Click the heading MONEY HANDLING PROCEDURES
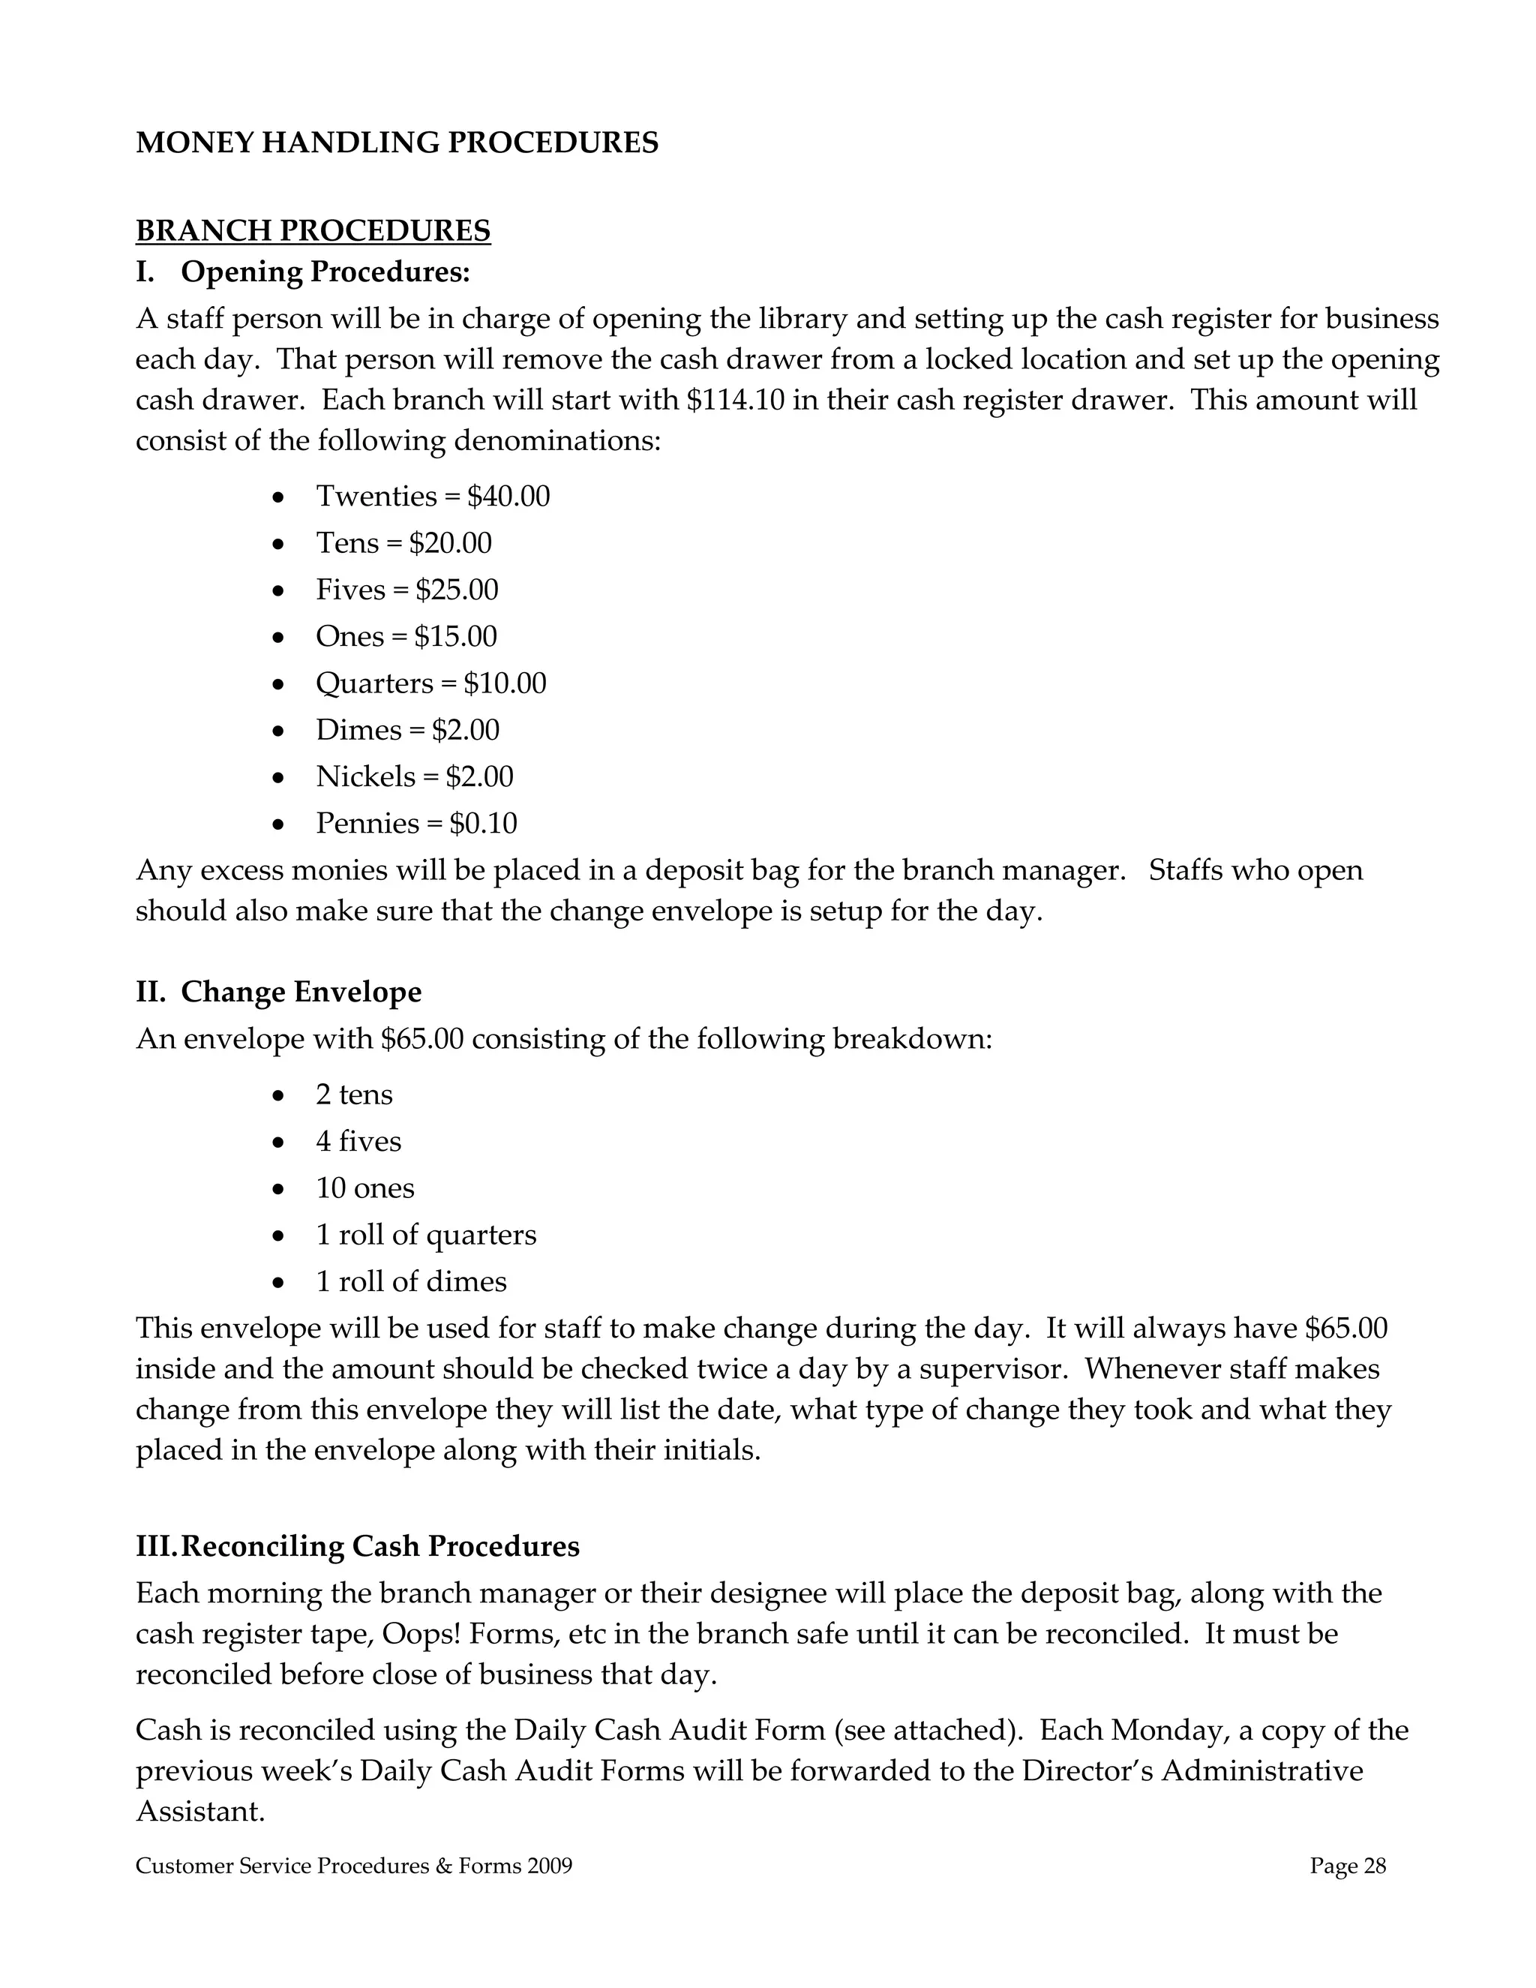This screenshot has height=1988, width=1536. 397,143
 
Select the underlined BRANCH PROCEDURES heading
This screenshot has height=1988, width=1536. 313,231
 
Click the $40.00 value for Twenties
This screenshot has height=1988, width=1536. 508,497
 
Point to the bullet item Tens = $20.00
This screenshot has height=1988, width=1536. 403,543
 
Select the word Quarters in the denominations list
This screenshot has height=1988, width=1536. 374,683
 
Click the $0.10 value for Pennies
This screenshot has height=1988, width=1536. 483,824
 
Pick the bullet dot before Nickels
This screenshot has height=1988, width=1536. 279,778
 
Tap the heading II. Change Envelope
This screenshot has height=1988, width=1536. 278,992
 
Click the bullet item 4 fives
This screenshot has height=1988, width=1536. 358,1142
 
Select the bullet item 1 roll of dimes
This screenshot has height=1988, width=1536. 410,1281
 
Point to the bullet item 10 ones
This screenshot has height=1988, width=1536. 365,1189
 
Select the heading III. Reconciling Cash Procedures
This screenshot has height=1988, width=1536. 358,1547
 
